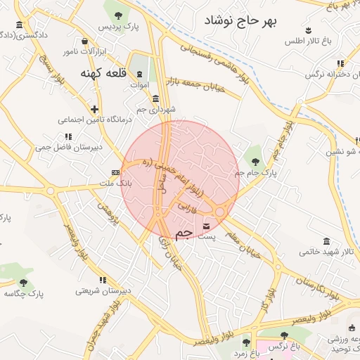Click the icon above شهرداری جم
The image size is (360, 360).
155,99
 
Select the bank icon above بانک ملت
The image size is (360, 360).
115,172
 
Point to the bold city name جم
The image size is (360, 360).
184,233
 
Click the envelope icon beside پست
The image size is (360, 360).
206,226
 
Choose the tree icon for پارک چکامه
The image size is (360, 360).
23,283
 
